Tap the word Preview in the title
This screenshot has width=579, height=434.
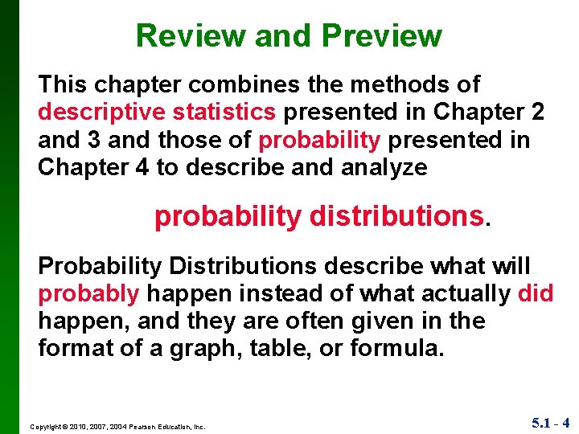(382, 36)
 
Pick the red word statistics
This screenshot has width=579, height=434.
(219, 113)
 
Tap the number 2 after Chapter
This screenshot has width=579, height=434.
(536, 113)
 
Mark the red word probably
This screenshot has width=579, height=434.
(88, 294)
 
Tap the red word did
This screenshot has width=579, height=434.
(536, 294)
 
